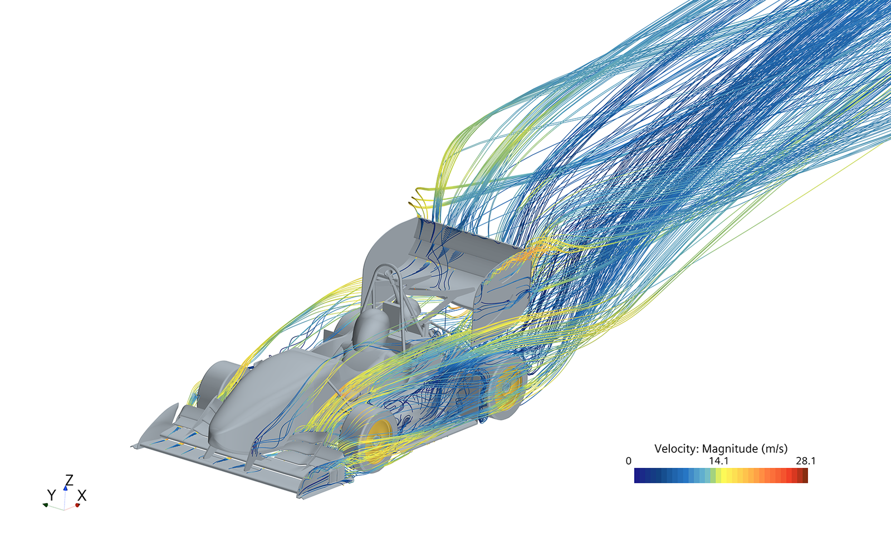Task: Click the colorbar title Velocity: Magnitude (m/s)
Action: (721, 449)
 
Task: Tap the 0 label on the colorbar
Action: (629, 461)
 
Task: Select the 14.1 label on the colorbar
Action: (719, 461)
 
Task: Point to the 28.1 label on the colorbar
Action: (806, 461)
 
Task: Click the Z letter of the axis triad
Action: (69, 481)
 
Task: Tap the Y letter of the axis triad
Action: (51, 495)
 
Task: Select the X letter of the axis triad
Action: (81, 495)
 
